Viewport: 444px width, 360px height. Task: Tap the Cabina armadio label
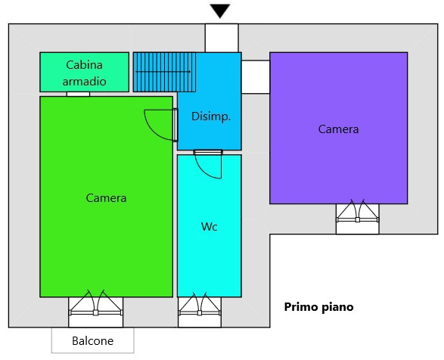pyautogui.click(x=85, y=73)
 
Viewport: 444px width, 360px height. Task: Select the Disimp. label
pyautogui.click(x=211, y=116)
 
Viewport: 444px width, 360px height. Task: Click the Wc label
pyautogui.click(x=210, y=227)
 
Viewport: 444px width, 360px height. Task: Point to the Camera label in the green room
pyautogui.click(x=106, y=198)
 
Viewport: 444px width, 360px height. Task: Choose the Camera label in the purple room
pyautogui.click(x=338, y=129)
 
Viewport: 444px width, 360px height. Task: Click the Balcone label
pyautogui.click(x=92, y=341)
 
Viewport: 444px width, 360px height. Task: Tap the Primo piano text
pyautogui.click(x=319, y=307)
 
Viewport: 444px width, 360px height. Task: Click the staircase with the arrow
pyautogui.click(x=165, y=72)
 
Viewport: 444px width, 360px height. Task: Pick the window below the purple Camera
pyautogui.click(x=357, y=216)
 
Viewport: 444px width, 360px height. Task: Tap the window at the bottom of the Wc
pyautogui.click(x=200, y=309)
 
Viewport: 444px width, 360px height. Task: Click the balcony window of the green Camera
pyautogui.click(x=96, y=309)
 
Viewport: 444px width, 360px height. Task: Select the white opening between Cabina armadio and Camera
pyautogui.click(x=78, y=94)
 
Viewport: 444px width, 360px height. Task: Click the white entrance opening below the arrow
pyautogui.click(x=222, y=39)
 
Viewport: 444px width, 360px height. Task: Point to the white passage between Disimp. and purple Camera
pyautogui.click(x=256, y=77)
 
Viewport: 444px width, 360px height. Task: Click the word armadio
pyautogui.click(x=85, y=82)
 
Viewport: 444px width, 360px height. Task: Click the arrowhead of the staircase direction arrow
pyautogui.click(x=189, y=72)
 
